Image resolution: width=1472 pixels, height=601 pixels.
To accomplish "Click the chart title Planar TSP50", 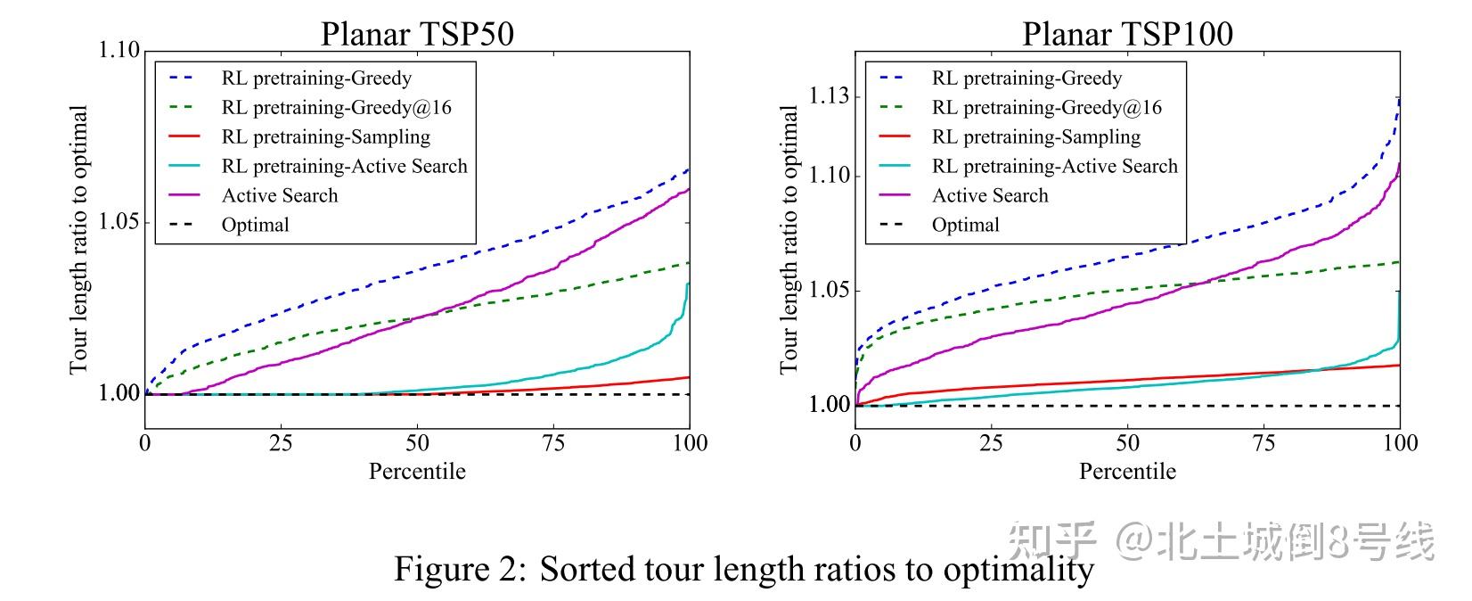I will click(417, 34).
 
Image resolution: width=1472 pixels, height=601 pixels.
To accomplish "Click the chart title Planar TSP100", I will click(1127, 34).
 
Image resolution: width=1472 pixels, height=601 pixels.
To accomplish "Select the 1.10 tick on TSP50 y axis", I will click(119, 50).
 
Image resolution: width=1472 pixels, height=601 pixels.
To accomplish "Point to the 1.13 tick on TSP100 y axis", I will click(829, 96).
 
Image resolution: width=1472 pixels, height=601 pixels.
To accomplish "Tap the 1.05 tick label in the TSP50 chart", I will click(119, 222).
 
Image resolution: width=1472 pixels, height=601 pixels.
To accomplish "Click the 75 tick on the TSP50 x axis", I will click(553, 443).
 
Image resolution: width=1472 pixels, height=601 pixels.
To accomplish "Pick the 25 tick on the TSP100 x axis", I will click(991, 443).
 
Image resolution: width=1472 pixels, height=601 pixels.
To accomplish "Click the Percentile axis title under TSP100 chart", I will click(1127, 472).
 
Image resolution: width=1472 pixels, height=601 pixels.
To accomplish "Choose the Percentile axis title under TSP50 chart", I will click(417, 472).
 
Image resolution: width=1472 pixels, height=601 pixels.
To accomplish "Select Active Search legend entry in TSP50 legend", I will click(280, 196).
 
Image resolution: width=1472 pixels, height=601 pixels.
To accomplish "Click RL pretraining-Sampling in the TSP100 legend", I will click(1035, 137).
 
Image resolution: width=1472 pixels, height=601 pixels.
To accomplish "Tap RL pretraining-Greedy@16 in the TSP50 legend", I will click(336, 108).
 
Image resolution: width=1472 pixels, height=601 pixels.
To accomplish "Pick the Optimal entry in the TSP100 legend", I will click(965, 226).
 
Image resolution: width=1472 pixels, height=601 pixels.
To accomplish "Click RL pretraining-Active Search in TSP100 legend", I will click(1054, 167).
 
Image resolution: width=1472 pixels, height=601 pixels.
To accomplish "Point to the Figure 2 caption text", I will click(743, 569).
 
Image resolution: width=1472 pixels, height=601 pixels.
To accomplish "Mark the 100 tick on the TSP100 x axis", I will click(1399, 443).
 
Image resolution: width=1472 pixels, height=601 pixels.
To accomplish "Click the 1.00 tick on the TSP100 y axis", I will click(829, 405).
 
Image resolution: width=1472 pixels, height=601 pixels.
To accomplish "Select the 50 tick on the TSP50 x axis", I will click(417, 443).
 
